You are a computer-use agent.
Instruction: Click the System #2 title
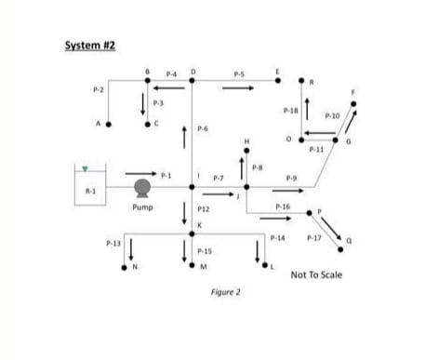coord(90,46)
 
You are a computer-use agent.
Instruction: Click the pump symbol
coord(142,187)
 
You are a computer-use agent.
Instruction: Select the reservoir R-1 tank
coord(91,186)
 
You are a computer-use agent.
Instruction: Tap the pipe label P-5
coord(239,72)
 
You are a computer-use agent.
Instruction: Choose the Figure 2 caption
coord(225,291)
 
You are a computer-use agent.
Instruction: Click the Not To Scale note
coord(316,274)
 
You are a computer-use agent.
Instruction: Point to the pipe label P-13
coord(113,242)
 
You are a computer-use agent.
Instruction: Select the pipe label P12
coord(204,210)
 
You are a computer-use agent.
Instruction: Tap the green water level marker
coord(86,169)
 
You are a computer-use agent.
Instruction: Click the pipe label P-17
coord(312,238)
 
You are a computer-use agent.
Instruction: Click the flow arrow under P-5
coord(238,89)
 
